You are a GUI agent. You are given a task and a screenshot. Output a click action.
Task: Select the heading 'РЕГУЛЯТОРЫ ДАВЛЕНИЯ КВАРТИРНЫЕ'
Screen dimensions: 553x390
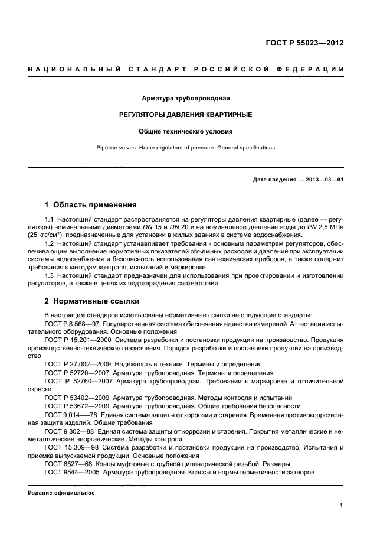pyautogui.click(x=195, y=114)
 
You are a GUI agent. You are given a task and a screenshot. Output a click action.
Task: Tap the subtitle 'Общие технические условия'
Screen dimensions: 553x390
pyautogui.click(x=195, y=131)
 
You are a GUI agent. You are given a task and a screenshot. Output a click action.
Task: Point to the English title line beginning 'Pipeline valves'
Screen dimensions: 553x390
pyautogui.click(x=195, y=148)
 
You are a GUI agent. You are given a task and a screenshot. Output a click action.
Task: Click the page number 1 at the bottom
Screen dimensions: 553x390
pyautogui.click(x=342, y=505)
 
